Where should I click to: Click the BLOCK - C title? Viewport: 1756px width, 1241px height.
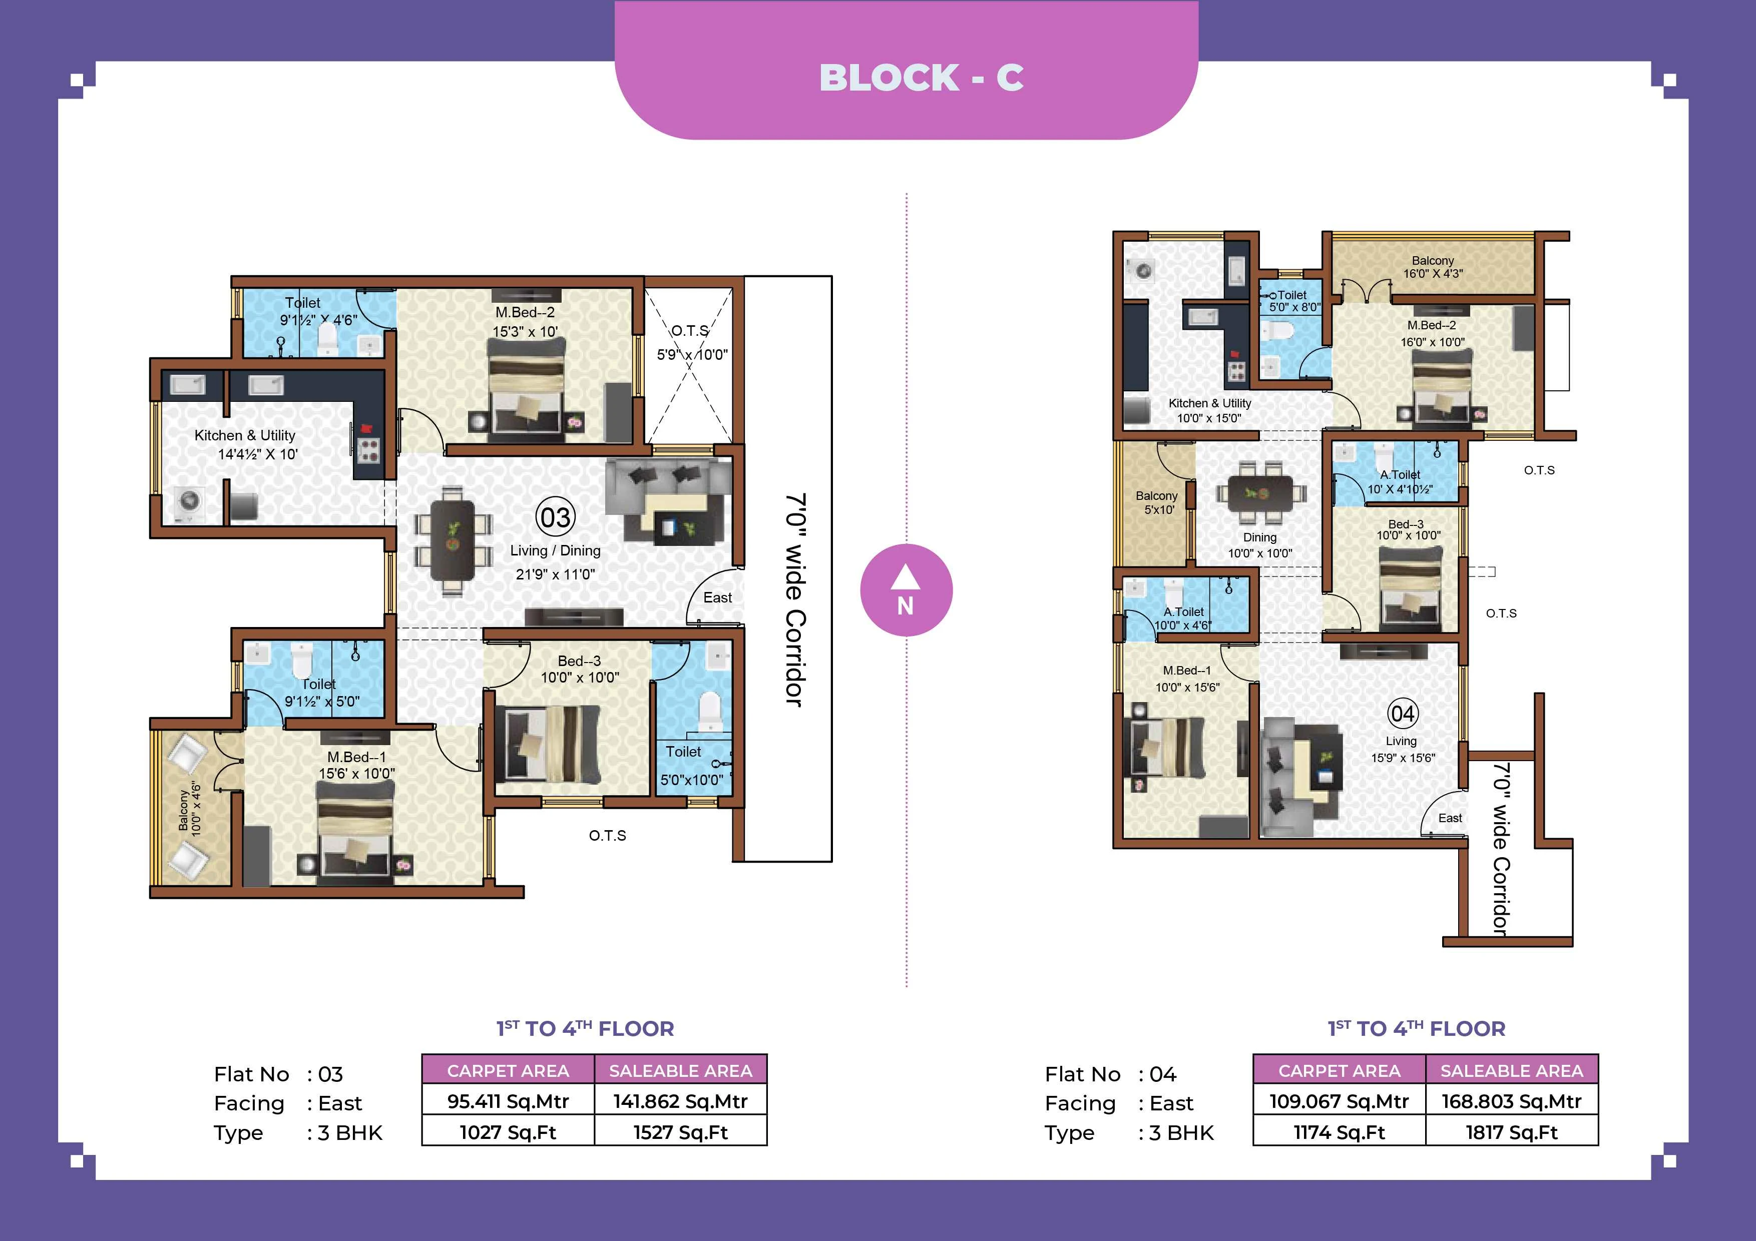coord(921,77)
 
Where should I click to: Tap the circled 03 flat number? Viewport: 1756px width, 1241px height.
coord(555,517)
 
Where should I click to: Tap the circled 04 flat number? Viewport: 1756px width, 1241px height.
coord(1403,714)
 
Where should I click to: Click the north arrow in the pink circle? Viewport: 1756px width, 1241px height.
coord(906,579)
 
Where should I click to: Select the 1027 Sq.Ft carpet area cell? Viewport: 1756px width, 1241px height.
coord(508,1132)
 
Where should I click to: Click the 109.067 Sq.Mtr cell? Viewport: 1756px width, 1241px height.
coord(1339,1101)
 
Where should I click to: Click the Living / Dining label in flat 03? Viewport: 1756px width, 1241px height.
coord(555,550)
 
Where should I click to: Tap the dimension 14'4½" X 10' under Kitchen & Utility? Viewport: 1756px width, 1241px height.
coord(258,454)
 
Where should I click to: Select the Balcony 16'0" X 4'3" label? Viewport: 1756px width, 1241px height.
coord(1433,267)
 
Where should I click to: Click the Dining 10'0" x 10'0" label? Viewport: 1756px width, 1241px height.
coord(1259,545)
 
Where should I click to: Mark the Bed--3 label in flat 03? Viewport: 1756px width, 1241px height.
coord(579,661)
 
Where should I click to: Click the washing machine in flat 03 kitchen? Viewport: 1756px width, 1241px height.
coord(189,502)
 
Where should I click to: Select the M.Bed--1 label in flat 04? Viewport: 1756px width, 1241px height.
coord(1187,671)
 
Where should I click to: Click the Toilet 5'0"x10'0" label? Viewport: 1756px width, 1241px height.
coord(691,766)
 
